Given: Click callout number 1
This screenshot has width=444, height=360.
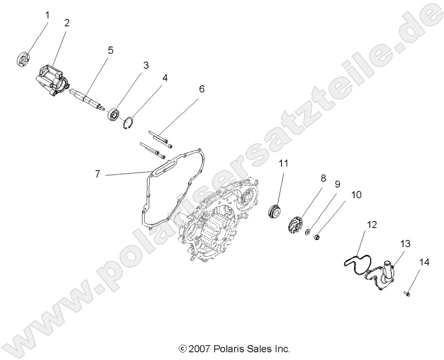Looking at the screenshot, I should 47,15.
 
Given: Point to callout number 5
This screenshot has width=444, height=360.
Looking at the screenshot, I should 110,50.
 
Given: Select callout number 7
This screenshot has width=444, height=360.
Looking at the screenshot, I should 97,174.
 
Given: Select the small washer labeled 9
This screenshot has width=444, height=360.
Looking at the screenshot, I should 308,232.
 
